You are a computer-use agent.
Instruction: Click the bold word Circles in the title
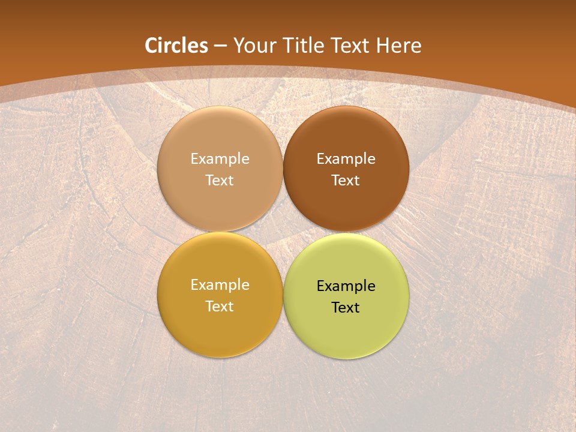tap(176, 46)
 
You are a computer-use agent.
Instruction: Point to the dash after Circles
tap(220, 46)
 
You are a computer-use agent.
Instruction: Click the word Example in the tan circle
tap(220, 159)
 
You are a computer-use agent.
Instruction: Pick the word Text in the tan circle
tap(220, 180)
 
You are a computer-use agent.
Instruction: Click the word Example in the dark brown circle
tap(346, 159)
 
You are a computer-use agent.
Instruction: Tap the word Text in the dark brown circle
tap(346, 180)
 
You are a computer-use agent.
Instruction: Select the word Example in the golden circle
tap(220, 285)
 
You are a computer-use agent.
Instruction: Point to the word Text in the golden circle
tap(220, 306)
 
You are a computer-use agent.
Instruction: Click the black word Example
tap(346, 286)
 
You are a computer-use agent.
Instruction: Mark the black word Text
tap(346, 307)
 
